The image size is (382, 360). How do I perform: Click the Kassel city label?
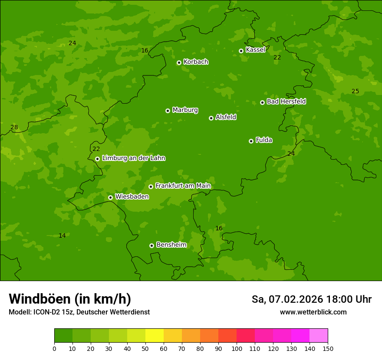[x=255, y=50]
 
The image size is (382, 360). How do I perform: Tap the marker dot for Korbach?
[x=179, y=62]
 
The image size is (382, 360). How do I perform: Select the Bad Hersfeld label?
[x=286, y=101]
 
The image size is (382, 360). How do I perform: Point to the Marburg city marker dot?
[x=168, y=111]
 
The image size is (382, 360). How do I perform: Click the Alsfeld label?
[x=226, y=117]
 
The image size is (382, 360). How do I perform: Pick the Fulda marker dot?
[x=251, y=141]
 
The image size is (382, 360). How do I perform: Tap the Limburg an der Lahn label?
[x=133, y=158]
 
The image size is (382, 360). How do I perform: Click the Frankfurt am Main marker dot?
[x=151, y=187]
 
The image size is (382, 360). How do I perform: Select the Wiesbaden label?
[x=132, y=196]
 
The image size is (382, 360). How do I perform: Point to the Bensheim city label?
[x=171, y=245]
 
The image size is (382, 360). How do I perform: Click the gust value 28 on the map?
[x=14, y=127]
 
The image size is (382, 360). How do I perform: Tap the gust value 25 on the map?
[x=355, y=91]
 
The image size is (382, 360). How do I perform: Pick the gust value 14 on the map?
[x=62, y=236]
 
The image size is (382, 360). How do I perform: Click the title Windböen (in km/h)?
[x=70, y=299]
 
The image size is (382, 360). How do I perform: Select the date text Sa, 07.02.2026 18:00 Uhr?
[x=311, y=299]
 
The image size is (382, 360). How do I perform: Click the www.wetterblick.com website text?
[x=313, y=312]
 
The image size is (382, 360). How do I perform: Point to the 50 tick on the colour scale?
[x=145, y=348]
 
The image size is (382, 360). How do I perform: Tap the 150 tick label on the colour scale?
[x=328, y=348]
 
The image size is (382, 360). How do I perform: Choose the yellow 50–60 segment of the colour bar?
[x=155, y=336]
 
